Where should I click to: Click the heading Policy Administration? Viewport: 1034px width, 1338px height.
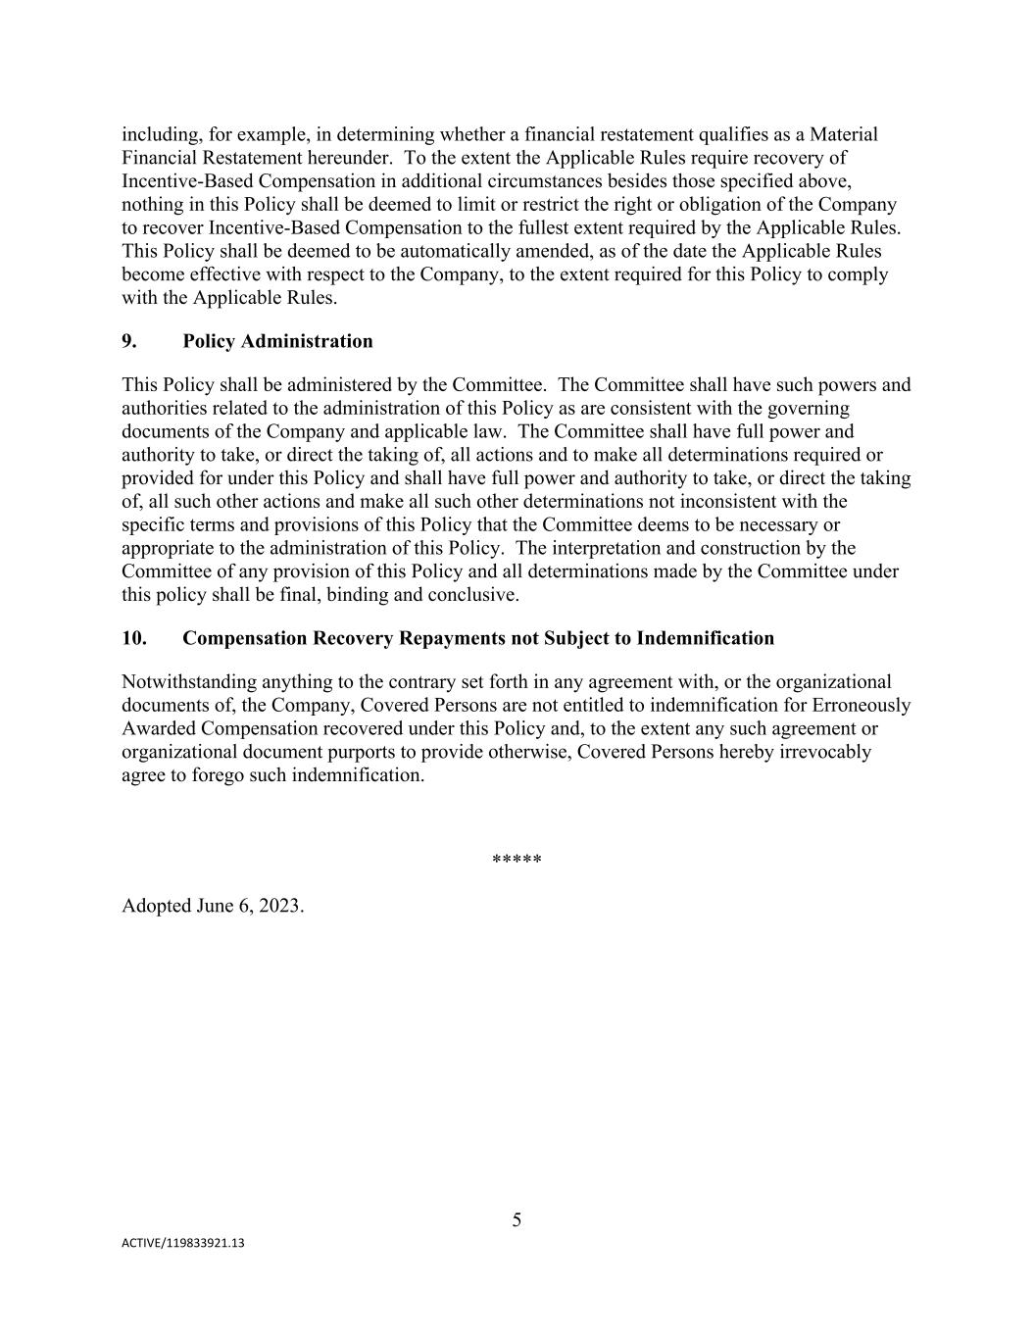click(277, 341)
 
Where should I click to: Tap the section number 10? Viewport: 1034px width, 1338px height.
click(134, 638)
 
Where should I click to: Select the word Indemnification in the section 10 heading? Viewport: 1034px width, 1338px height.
click(705, 638)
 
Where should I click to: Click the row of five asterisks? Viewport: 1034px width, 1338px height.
click(517, 861)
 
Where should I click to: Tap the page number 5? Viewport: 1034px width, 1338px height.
click(517, 1219)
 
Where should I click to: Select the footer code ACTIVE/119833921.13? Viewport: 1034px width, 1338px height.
click(183, 1243)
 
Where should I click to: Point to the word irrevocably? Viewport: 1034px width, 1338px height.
click(822, 752)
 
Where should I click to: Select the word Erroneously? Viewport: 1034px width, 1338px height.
click(862, 705)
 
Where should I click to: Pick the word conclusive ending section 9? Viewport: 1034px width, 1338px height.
click(476, 595)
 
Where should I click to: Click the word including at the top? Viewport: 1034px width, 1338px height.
click(161, 134)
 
